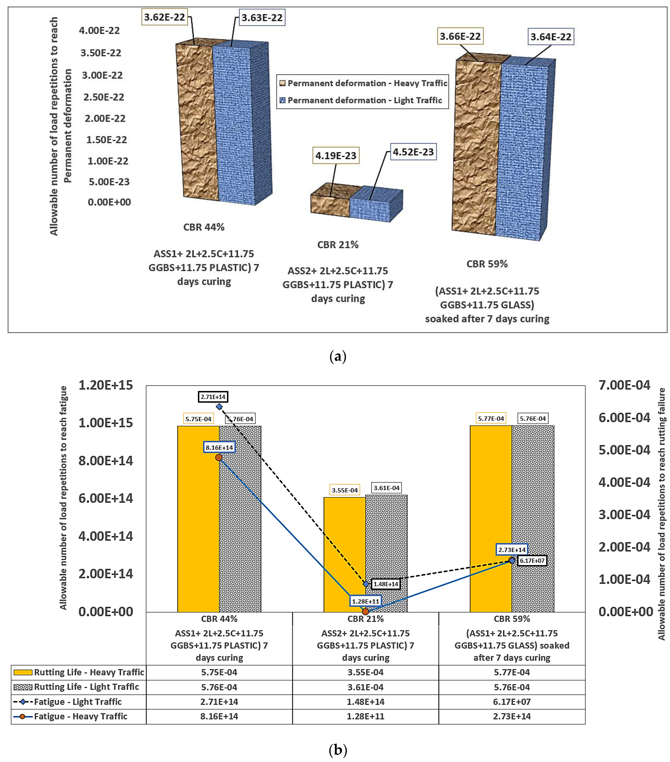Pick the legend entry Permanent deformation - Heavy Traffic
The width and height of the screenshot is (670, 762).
367,83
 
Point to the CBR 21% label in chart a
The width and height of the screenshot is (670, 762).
338,245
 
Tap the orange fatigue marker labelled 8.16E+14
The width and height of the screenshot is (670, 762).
219,457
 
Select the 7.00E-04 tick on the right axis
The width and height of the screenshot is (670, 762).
624,385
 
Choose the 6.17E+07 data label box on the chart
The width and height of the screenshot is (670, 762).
532,561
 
